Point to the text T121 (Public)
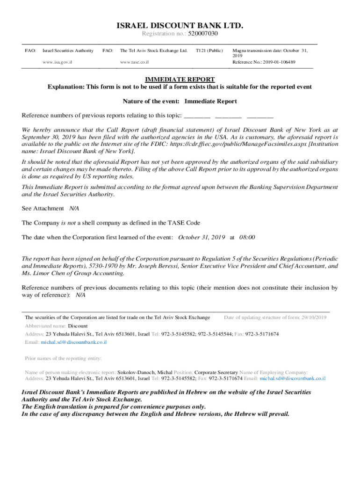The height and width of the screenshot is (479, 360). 209,51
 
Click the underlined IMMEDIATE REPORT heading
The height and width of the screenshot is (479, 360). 180,80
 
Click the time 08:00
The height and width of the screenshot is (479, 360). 247,237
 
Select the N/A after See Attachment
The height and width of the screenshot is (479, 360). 74,208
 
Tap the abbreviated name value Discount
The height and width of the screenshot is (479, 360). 78,326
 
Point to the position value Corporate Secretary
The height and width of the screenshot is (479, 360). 216,372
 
